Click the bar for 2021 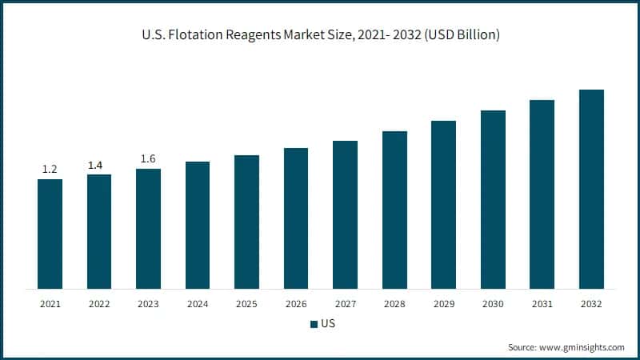point(50,234)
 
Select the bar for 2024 point(198,225)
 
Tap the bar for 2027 point(345,214)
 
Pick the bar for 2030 point(493,199)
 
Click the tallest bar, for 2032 point(591,189)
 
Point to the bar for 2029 point(443,204)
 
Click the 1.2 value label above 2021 point(50,170)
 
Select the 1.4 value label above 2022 point(95,165)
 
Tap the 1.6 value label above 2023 point(148,158)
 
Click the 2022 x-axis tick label point(99,304)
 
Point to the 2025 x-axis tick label point(246,304)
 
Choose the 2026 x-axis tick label point(296,304)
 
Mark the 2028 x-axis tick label point(394,304)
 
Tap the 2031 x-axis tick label point(542,304)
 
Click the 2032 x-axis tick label point(591,304)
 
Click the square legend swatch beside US point(313,324)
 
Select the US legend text point(327,324)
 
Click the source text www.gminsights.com point(583,347)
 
